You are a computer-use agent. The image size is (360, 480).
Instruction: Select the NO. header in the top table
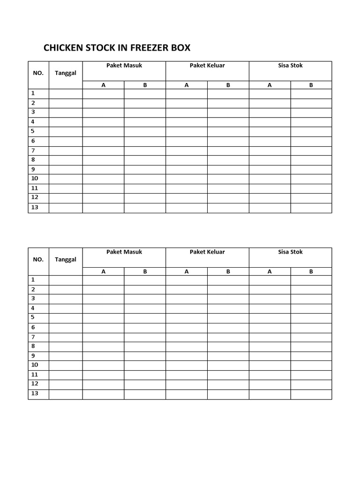tap(38, 73)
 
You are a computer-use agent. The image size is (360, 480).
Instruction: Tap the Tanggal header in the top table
tap(66, 73)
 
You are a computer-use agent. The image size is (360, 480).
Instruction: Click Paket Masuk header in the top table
tap(124, 66)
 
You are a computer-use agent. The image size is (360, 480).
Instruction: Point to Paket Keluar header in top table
tap(207, 66)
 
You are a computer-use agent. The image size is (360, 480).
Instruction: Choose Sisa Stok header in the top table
tap(290, 66)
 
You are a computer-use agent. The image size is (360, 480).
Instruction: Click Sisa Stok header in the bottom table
tap(290, 252)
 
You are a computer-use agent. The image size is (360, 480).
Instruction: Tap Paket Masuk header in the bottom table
tap(124, 252)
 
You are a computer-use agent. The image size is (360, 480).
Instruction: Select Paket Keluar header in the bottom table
tap(207, 252)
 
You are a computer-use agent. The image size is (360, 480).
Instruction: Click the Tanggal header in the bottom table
tap(66, 259)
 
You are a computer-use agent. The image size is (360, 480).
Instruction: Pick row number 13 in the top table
tap(35, 208)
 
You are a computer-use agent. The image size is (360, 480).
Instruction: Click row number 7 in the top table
tap(33, 150)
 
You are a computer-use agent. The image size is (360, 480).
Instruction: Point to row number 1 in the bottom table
tap(33, 280)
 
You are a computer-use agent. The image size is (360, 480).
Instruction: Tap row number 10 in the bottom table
tap(35, 365)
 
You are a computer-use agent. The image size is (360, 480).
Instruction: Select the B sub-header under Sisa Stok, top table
tap(311, 85)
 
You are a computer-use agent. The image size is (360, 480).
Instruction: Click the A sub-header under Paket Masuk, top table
tap(103, 85)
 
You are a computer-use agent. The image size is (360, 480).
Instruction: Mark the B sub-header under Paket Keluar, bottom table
tap(228, 272)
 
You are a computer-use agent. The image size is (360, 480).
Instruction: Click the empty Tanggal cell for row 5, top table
tap(66, 132)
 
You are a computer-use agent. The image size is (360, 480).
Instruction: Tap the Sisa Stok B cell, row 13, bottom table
tap(311, 395)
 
